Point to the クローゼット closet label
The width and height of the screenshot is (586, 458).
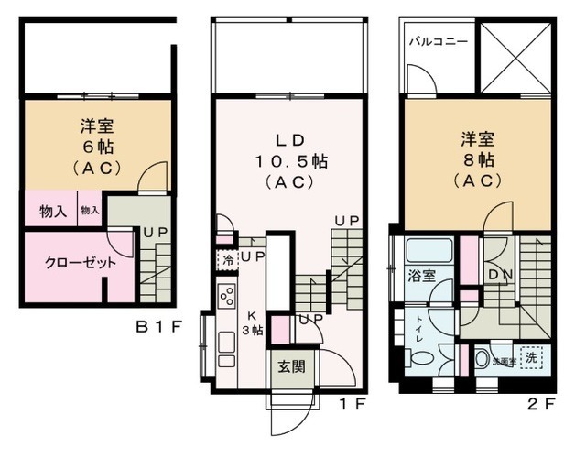coord(69,262)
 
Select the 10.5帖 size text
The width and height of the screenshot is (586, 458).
coord(290,161)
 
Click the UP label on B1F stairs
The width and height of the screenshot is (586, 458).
coord(153,233)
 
